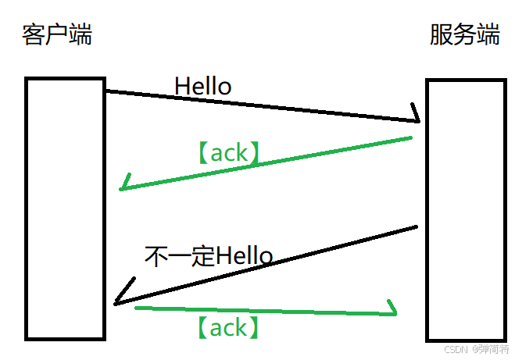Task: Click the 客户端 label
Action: coord(57,35)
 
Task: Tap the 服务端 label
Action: coord(464,35)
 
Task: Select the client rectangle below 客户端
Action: coord(65,209)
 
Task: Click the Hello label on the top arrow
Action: coord(203,86)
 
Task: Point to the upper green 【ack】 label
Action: coord(229,153)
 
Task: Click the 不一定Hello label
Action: coord(209,256)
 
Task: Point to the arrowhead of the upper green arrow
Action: coord(123,187)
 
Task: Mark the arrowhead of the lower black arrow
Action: coord(117,301)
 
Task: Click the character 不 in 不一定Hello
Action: coord(156,256)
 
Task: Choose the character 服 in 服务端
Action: coord(441,35)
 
